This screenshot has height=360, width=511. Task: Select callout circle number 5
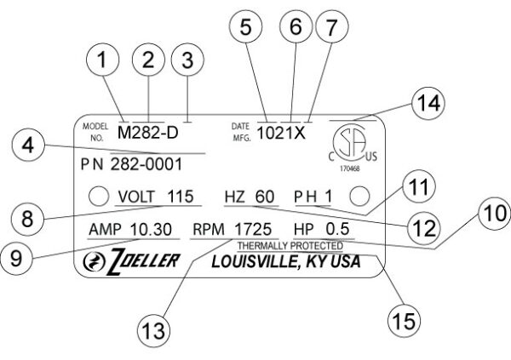tap(245, 28)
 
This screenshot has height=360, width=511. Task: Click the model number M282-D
tap(147, 133)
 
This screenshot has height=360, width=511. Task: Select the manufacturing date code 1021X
tap(281, 134)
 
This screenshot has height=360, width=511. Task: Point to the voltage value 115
tap(181, 197)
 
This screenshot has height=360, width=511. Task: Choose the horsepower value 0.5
tap(338, 230)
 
